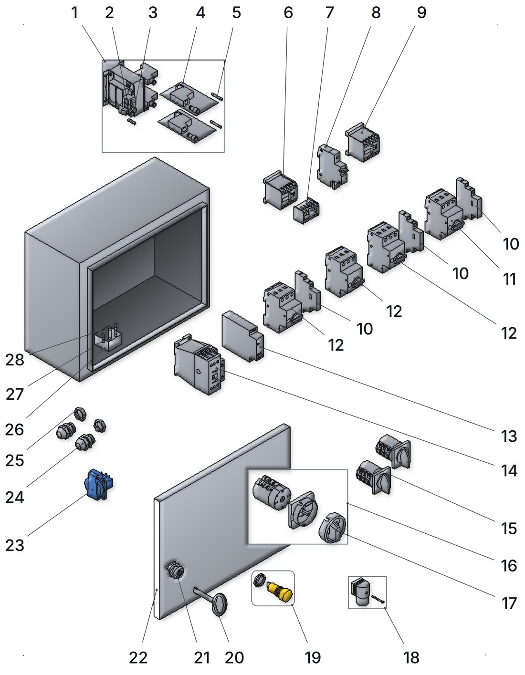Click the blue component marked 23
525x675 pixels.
tap(99, 485)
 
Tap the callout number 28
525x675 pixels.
tap(15, 360)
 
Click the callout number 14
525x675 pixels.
tap(509, 471)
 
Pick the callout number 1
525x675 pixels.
tap(74, 13)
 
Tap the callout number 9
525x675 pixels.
tap(421, 13)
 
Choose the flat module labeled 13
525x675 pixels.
tap(242, 336)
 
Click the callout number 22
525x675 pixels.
tap(138, 658)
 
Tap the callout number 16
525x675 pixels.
tap(509, 565)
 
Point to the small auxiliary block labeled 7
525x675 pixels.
tap(306, 210)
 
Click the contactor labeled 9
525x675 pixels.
tap(363, 142)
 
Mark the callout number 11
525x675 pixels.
tap(509, 279)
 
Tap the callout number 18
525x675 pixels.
tap(411, 658)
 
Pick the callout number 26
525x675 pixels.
tap(15, 430)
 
